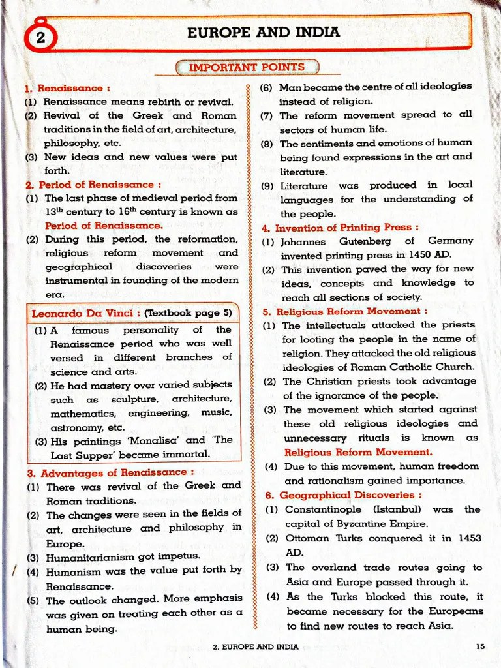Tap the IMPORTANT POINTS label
tap(247, 67)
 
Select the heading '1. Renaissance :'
tap(67, 88)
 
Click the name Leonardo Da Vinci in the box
tap(80, 313)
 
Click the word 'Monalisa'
tap(161, 440)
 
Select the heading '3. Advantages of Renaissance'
tap(110, 472)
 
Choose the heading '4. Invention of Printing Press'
tap(339, 228)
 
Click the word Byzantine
tap(358, 524)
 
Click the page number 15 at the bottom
tap(480, 646)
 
